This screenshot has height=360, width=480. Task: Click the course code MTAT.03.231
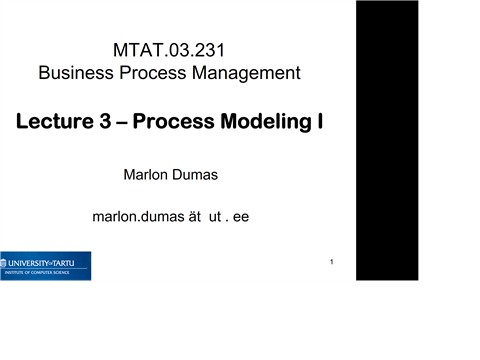pyautogui.click(x=178, y=49)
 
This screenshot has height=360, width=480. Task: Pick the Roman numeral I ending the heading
pyautogui.click(x=319, y=123)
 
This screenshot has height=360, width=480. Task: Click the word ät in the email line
pyautogui.click(x=190, y=216)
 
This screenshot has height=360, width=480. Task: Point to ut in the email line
pyautogui.click(x=214, y=216)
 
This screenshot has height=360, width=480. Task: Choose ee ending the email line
pyautogui.click(x=241, y=216)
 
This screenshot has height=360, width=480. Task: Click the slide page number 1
pyautogui.click(x=331, y=262)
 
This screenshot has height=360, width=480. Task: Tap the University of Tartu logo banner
pyautogui.click(x=45, y=265)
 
